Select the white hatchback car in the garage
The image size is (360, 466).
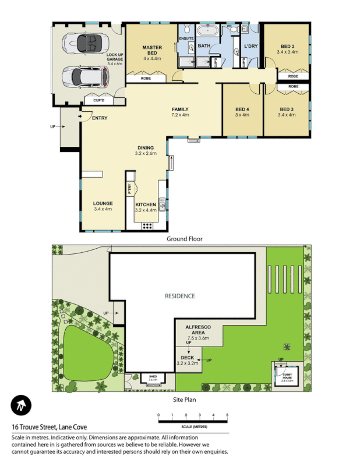pyautogui.click(x=84, y=75)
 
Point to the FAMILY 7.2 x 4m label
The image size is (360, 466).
pyautogui.click(x=180, y=112)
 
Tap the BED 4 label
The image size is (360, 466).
pyautogui.click(x=242, y=112)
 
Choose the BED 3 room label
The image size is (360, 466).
pyautogui.click(x=287, y=112)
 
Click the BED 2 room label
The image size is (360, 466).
pyautogui.click(x=288, y=49)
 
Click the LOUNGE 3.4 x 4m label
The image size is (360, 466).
pyautogui.click(x=103, y=206)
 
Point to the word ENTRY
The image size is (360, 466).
pyautogui.click(x=100, y=118)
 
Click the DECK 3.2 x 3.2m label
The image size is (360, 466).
pyautogui.click(x=187, y=360)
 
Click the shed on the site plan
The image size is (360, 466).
pyautogui.click(x=153, y=379)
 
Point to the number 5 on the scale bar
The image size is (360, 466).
pyautogui.click(x=227, y=415)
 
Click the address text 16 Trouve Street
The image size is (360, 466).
pyautogui.click(x=48, y=426)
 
